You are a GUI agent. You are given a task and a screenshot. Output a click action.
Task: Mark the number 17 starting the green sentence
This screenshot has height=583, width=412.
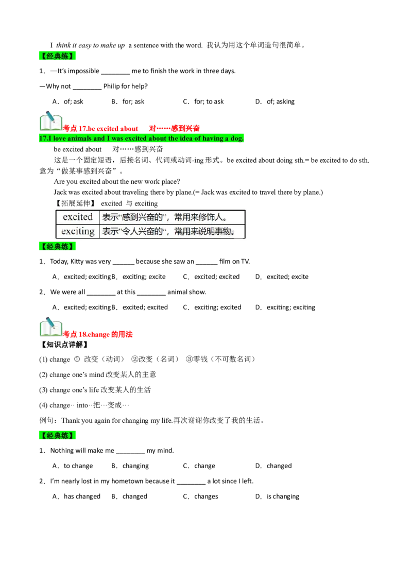42,139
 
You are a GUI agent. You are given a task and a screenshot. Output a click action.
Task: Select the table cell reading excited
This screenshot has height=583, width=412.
77,217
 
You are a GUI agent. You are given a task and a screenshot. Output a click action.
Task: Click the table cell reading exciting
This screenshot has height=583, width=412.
78,231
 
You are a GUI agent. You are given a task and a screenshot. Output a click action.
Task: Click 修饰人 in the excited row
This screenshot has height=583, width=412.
212,217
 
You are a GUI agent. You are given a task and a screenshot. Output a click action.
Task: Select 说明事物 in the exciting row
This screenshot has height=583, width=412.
216,231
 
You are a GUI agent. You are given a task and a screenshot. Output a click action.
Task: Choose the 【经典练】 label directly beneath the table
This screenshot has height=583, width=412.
58,247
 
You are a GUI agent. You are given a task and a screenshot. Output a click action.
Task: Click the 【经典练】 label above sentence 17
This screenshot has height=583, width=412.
58,56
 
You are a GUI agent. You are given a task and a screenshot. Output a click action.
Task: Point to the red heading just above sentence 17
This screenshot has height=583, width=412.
132,128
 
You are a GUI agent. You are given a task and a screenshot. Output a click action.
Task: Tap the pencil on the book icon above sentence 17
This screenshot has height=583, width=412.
50,115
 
